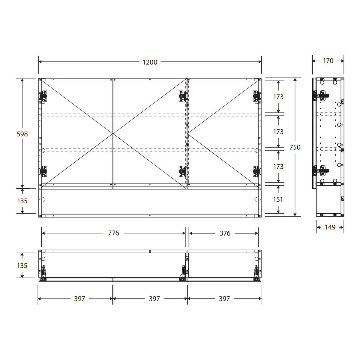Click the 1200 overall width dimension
pos(150,62)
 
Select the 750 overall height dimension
pos(295,147)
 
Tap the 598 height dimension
pos(22,134)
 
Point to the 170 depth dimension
pos(328,61)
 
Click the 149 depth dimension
pos(330,227)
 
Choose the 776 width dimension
pos(113,233)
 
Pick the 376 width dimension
pos(225,233)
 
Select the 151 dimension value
pos(278,199)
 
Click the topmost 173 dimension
pos(278,97)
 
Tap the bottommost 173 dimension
pos(278,166)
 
